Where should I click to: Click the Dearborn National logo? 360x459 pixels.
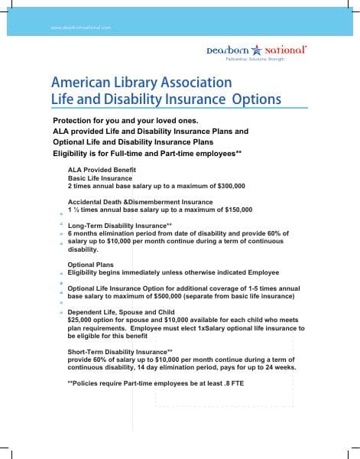coord(256,50)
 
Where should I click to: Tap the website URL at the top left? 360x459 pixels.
coord(80,28)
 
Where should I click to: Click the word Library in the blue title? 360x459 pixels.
coord(143,81)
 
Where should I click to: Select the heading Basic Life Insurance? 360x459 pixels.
coord(100,177)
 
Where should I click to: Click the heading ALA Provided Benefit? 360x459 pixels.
coord(100,169)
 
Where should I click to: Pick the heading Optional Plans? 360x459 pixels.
coord(91,264)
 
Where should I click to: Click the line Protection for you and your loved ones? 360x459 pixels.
coord(125,122)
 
